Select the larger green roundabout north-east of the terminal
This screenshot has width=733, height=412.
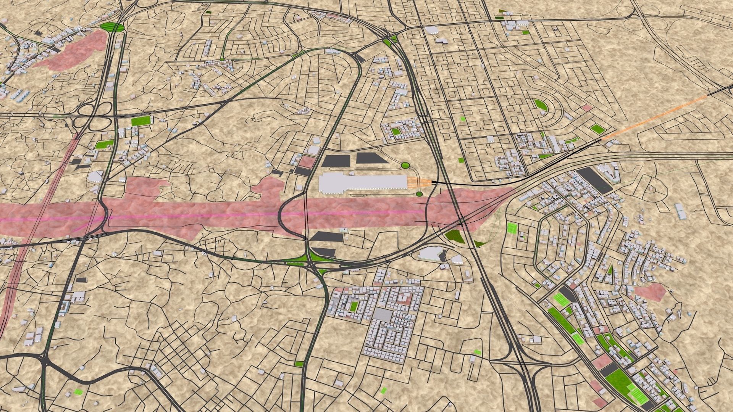tap(405, 165)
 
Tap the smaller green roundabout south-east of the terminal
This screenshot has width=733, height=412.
tap(419, 194)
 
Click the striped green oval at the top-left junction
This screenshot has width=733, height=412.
tap(111, 27)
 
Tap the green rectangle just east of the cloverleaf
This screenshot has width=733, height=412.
tap(141, 121)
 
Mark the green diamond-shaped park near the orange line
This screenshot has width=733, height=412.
tap(597, 129)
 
